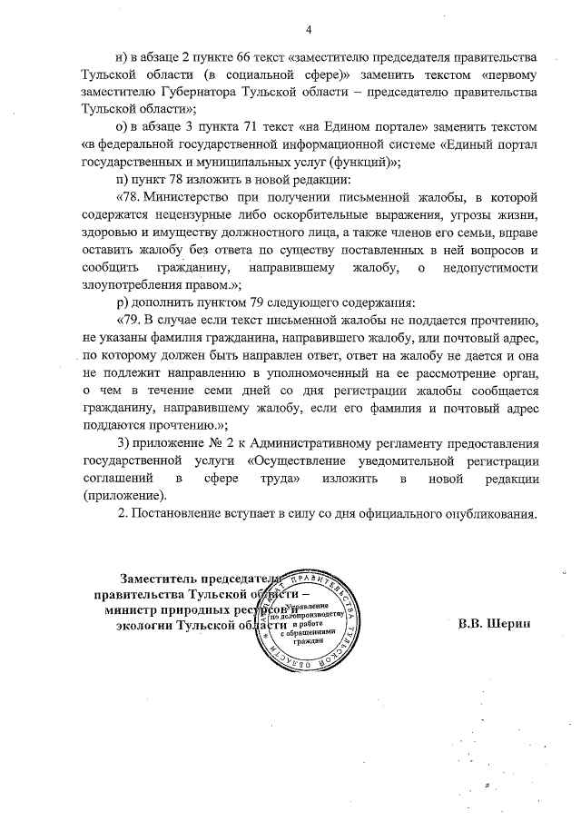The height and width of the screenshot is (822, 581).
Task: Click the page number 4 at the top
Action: click(309, 30)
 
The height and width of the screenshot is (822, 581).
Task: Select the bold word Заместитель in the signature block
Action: click(160, 579)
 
